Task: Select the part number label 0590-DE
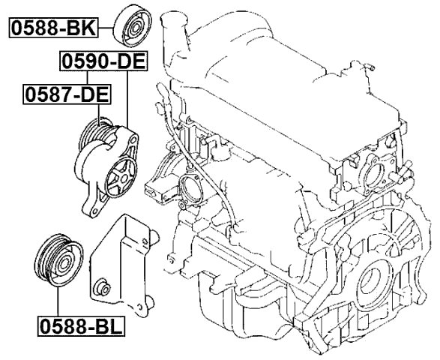(x=94, y=61)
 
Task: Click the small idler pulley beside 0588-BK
(x=134, y=29)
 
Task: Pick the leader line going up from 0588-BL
(x=56, y=304)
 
